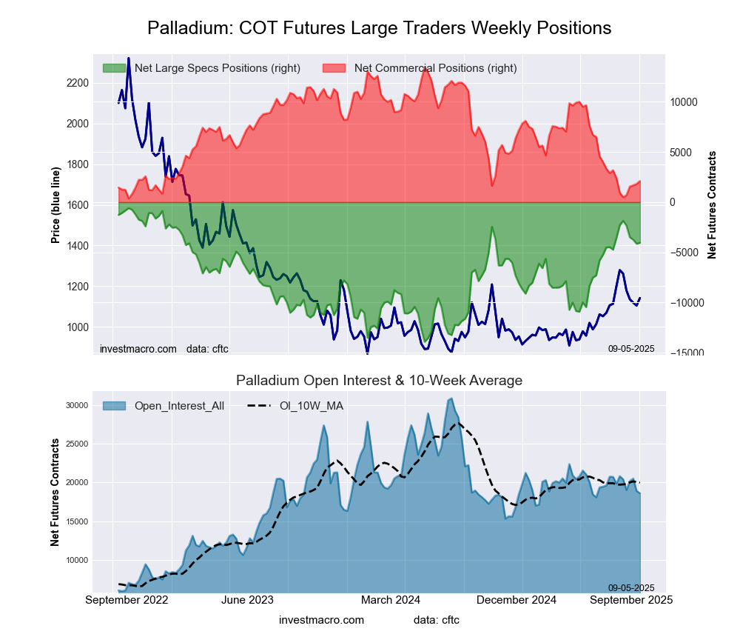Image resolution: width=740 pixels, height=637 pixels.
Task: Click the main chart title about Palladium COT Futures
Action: [379, 28]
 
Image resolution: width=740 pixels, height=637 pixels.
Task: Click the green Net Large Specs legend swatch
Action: [114, 68]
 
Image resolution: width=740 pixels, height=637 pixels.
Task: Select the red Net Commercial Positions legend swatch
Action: [334, 68]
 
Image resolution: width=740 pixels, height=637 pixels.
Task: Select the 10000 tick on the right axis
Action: [685, 102]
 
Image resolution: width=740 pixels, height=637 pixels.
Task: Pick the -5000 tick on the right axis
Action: [685, 253]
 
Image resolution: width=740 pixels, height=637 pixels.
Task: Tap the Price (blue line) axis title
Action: [55, 205]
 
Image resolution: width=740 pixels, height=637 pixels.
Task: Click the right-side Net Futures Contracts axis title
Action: [712, 205]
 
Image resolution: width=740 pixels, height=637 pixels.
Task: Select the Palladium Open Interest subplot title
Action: [379, 381]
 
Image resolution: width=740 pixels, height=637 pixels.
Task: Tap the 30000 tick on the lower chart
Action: [77, 405]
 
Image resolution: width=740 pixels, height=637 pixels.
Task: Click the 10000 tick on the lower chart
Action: [77, 561]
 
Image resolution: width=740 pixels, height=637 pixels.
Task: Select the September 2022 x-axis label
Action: [127, 600]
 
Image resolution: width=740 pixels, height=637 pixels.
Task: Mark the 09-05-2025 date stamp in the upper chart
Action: [631, 348]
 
